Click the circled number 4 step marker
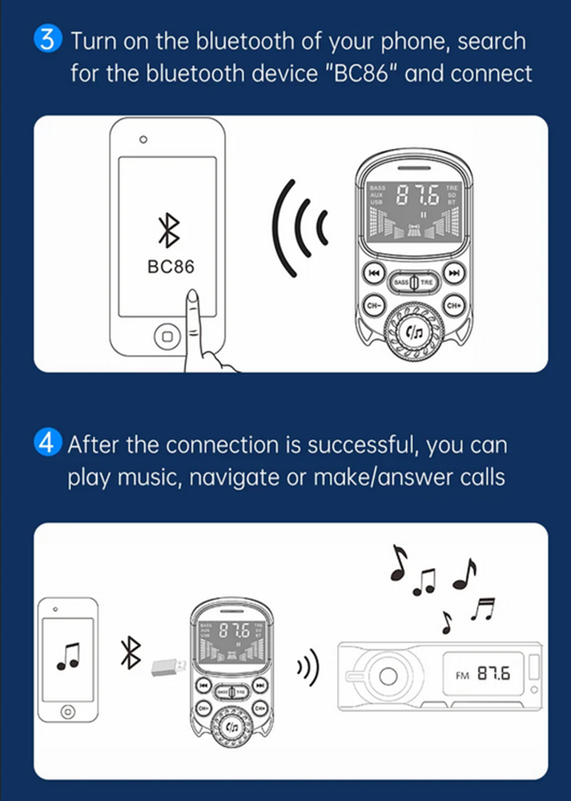[50, 443]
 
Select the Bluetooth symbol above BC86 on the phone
[168, 232]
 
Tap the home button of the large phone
[167, 336]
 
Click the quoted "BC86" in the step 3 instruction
[345, 74]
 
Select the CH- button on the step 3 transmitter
[373, 305]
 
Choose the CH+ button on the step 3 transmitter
[454, 305]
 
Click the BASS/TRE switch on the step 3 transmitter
[414, 282]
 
